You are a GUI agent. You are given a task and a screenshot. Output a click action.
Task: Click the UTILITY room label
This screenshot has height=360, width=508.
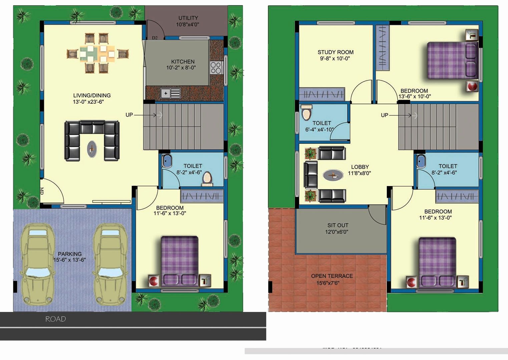(188, 18)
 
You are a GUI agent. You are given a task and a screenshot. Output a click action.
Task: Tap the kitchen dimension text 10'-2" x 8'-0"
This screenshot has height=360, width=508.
(181, 68)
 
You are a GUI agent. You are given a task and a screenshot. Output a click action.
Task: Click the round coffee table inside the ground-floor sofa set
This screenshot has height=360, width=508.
(92, 149)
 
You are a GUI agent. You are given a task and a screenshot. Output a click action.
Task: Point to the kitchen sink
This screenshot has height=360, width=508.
(170, 93)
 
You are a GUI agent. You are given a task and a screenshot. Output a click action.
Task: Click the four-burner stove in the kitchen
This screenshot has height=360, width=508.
(216, 68)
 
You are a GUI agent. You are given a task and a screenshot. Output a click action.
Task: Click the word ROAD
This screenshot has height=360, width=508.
(55, 319)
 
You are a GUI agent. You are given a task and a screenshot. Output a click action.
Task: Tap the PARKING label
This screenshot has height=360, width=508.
(69, 254)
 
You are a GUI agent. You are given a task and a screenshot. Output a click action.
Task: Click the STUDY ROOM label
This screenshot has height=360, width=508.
(335, 52)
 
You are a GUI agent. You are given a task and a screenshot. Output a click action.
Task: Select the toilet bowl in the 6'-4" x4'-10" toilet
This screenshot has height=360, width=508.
(306, 112)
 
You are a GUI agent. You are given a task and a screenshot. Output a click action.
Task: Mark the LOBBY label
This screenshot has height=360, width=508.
(360, 167)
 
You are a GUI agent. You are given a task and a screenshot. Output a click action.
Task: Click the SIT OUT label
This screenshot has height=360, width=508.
(338, 225)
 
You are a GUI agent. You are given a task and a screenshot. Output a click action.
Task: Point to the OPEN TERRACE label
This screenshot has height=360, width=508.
(332, 276)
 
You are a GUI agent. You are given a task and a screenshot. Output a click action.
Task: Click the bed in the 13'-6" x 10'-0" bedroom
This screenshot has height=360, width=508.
(452, 60)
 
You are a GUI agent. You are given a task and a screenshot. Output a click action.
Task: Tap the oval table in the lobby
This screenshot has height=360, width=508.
(333, 175)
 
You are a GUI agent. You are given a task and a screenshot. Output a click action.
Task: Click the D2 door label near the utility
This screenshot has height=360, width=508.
(155, 38)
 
